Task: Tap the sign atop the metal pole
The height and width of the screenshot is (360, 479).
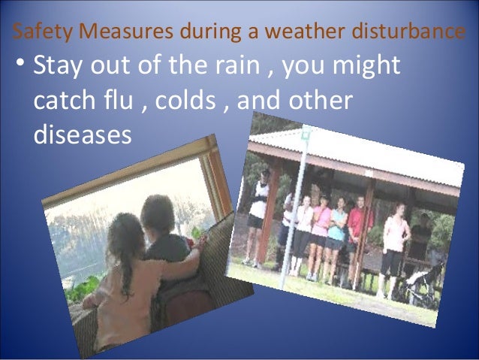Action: (305, 135)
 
